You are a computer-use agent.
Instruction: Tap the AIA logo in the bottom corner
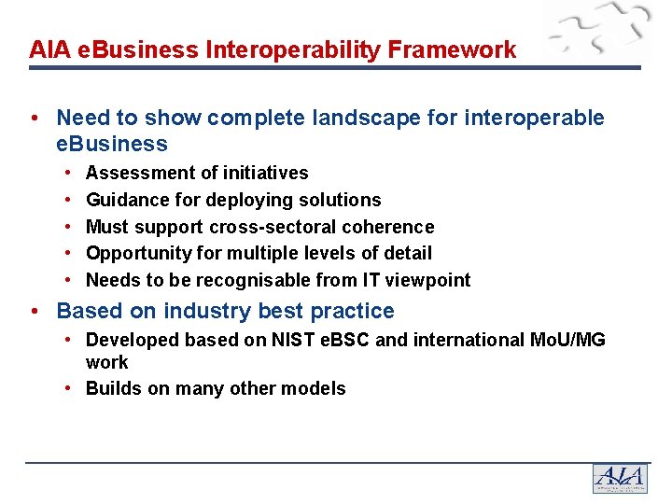click(619, 478)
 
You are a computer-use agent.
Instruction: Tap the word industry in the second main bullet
click(196, 311)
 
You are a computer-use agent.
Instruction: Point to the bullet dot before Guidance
click(71, 200)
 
